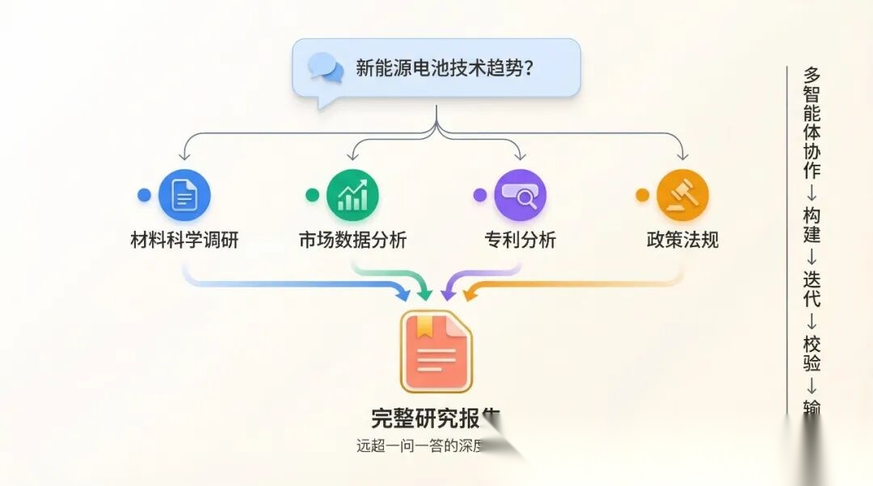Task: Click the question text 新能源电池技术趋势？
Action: [x=445, y=68]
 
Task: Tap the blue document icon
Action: [x=184, y=195]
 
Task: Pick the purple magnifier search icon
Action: [x=520, y=195]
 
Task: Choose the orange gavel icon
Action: [x=682, y=195]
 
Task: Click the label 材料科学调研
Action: [x=184, y=240]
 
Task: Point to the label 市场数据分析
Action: [x=352, y=240]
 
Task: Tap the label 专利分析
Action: [x=520, y=240]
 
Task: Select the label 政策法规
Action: [x=682, y=240]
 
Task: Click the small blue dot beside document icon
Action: [x=144, y=195]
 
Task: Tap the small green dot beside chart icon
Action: [x=312, y=195]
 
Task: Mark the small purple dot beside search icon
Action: [x=480, y=195]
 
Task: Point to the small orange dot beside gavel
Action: [x=643, y=195]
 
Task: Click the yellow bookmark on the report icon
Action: [x=424, y=325]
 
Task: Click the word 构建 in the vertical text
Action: [x=812, y=224]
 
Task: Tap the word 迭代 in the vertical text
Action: [x=812, y=288]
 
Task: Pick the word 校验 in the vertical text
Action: [x=812, y=353]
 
